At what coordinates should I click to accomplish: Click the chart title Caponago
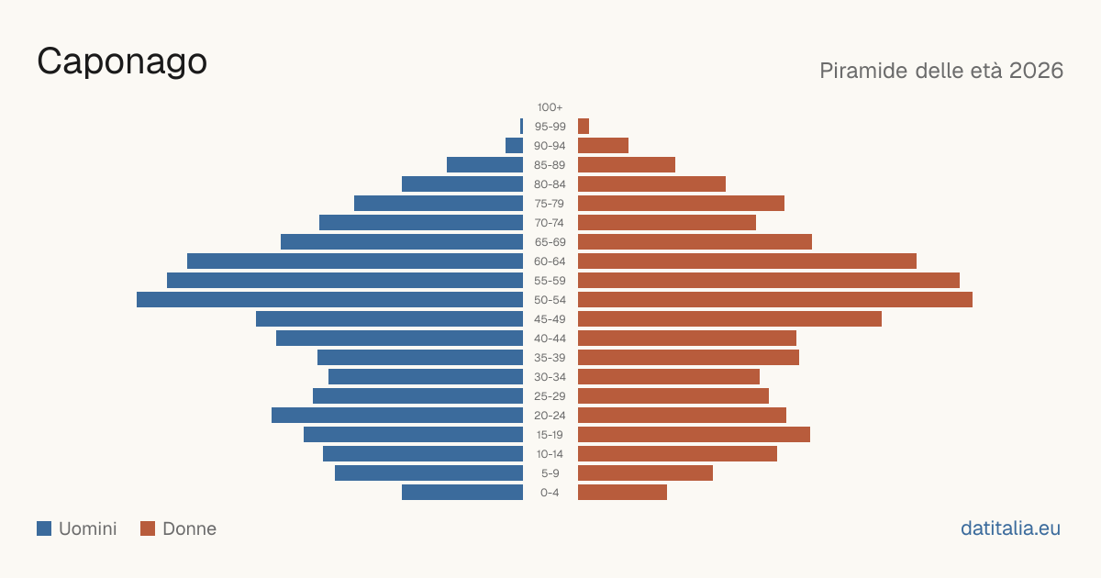click(122, 62)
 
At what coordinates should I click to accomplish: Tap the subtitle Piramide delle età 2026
click(941, 71)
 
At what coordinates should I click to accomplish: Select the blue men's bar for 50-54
click(329, 300)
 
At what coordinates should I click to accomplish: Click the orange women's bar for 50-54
click(775, 300)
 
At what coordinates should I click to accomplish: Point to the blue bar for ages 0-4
click(462, 493)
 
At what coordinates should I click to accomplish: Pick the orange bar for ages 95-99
click(584, 127)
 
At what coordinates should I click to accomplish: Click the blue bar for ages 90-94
click(514, 146)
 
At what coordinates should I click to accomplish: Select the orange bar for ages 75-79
click(681, 204)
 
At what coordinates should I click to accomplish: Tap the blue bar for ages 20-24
click(397, 416)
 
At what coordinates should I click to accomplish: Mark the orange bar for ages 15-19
click(694, 435)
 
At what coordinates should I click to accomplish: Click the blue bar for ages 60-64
click(355, 261)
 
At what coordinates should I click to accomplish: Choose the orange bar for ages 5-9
click(645, 473)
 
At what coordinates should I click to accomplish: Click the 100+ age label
click(550, 107)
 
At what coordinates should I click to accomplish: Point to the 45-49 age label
click(550, 319)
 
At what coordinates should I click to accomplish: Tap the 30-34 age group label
click(550, 377)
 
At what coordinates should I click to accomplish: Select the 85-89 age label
click(550, 165)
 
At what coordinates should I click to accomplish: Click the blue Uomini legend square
click(44, 528)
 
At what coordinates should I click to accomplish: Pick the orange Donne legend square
click(148, 528)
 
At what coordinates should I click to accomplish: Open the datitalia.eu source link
click(1010, 528)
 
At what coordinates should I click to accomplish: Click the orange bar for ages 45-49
click(730, 319)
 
